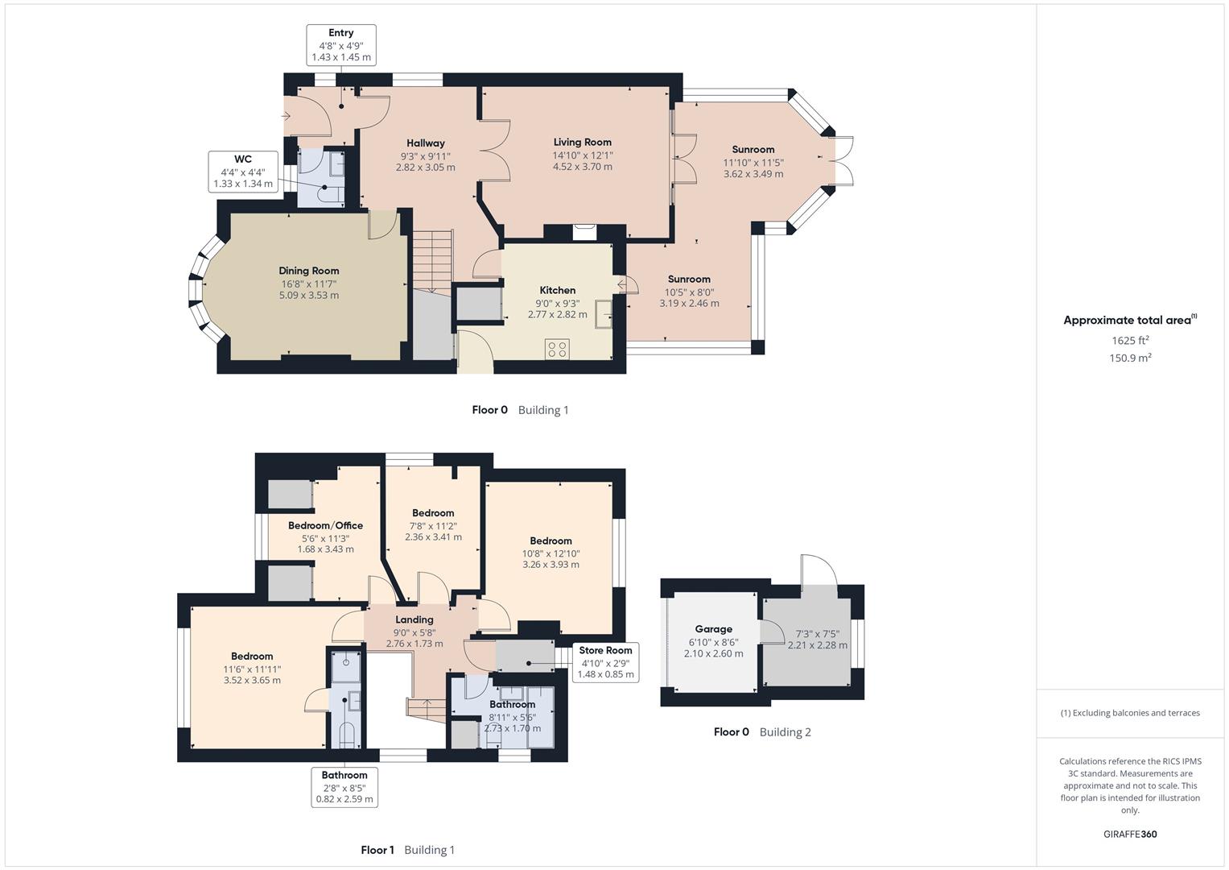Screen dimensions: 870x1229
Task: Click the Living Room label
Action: pos(582,142)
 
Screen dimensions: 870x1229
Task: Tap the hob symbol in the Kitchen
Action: pos(557,349)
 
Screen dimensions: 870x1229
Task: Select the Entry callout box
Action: pos(341,45)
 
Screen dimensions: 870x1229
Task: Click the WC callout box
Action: pos(243,172)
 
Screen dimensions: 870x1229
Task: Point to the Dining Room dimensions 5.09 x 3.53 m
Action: pos(309,296)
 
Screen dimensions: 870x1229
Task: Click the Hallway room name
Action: pos(425,143)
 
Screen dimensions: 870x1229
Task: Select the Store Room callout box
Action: pos(606,662)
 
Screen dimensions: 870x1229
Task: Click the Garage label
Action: pos(713,629)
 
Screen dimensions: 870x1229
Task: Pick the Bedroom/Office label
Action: pos(325,525)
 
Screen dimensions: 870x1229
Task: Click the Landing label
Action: pos(414,619)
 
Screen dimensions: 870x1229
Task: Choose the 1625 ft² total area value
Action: pos(1130,341)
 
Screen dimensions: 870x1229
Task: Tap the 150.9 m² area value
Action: pos(1130,358)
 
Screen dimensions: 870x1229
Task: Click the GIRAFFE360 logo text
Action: pos(1130,835)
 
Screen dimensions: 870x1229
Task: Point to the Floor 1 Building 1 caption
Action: pos(408,850)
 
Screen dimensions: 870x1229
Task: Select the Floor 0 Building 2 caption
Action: pos(762,732)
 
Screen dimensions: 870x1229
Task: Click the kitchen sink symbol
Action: pos(603,313)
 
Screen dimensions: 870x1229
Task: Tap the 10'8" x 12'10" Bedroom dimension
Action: pos(551,553)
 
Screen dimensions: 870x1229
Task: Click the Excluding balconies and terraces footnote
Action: pos(1130,713)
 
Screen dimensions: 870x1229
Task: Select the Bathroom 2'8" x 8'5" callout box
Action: pos(344,787)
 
